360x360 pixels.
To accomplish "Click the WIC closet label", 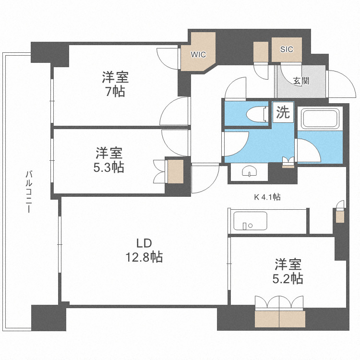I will coord(198,54).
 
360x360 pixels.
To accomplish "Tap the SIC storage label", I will coord(287,49).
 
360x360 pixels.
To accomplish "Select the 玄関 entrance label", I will coord(301,80).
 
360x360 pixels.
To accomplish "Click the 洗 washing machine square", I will coord(283,113).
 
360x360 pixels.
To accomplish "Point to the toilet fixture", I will coord(255,114).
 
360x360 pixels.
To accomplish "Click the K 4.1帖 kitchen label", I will coord(267,197).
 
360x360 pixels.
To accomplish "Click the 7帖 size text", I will coord(115,91).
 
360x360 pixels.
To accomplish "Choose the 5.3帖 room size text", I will coord(109,167).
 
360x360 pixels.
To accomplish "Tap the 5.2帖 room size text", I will coord(288,278).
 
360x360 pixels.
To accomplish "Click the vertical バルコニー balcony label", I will coord(29,192).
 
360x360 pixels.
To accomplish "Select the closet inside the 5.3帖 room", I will coord(175,171).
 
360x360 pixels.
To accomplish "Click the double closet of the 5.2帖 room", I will coord(280,319).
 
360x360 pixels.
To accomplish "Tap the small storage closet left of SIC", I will coord(261,52).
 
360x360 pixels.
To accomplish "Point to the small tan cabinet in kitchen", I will coord(340,217).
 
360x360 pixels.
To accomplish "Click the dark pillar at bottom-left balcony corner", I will coord(48,318).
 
